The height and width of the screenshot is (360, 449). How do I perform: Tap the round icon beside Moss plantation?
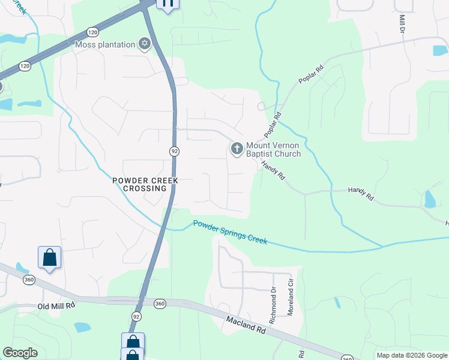pos(144,44)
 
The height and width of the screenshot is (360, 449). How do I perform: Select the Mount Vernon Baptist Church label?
pos(273,149)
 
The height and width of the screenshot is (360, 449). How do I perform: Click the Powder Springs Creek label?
pos(229,232)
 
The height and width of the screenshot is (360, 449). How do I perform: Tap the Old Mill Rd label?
pos(55,305)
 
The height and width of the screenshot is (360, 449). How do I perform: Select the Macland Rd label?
pos(246,325)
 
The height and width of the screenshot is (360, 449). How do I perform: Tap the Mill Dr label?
pos(402,25)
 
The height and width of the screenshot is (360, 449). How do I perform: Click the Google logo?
pos(20,353)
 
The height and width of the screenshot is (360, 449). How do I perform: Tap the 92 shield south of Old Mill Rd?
pos(137,316)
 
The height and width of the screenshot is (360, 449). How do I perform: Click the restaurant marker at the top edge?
pos(167,4)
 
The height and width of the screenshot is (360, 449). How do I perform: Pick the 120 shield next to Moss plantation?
pos(92,31)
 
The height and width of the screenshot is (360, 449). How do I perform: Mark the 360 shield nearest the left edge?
pos(28,280)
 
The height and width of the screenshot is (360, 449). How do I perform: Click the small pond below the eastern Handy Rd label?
pos(429,200)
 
